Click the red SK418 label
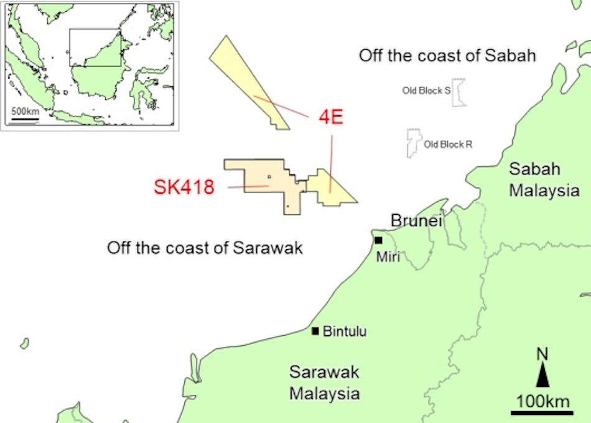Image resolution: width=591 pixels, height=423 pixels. [x=184, y=187]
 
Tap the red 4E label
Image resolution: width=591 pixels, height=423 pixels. [x=331, y=118]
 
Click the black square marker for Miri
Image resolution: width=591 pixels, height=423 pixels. [x=378, y=240]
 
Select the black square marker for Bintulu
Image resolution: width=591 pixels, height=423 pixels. [x=315, y=331]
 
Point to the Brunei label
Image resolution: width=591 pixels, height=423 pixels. [x=416, y=221]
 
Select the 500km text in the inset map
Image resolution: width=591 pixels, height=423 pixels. [x=26, y=111]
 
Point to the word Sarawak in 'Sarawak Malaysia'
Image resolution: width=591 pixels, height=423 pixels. [x=324, y=373]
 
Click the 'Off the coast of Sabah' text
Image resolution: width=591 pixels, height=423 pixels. [x=447, y=55]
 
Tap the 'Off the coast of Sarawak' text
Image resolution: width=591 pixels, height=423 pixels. [x=205, y=248]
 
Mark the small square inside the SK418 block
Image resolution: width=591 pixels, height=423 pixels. [x=269, y=177]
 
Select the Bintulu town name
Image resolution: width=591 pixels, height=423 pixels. [x=345, y=331]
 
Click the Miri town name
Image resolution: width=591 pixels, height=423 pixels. [x=389, y=257]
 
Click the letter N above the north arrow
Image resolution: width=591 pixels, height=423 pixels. [x=542, y=354]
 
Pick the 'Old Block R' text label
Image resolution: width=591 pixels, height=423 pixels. [x=448, y=145]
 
